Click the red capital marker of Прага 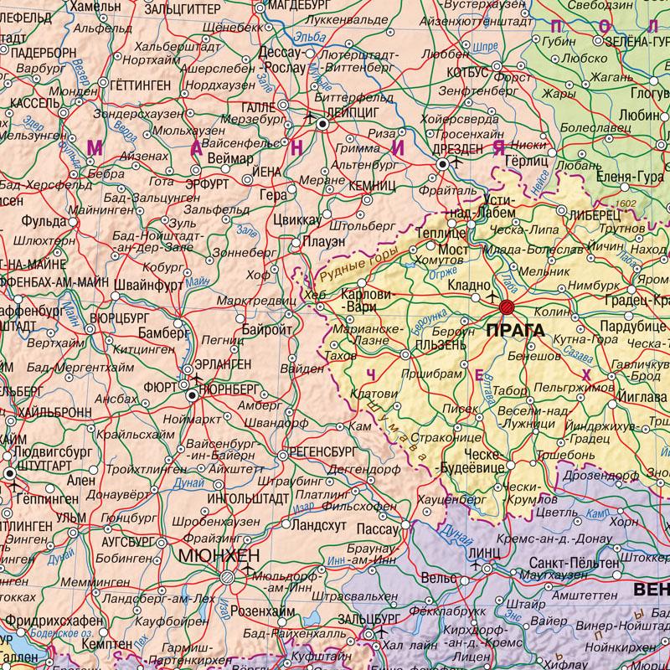click(506, 307)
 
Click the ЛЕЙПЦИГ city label click(353, 110)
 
